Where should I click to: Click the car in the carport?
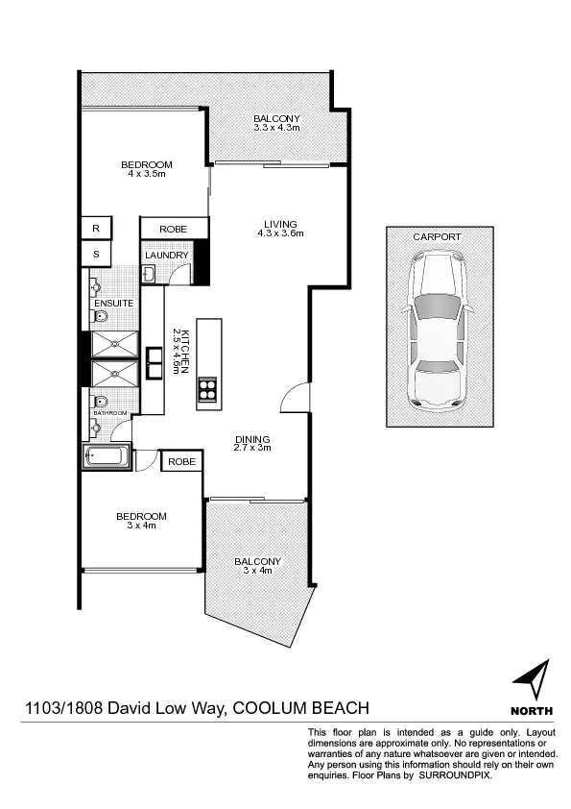[437, 329]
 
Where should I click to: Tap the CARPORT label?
[437, 236]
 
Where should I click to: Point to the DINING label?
[254, 439]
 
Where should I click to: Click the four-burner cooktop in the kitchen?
[208, 389]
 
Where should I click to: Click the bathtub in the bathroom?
[107, 456]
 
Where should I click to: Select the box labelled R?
[96, 229]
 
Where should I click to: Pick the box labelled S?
[96, 254]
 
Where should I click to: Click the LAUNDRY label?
[167, 255]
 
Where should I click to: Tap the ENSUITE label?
[113, 304]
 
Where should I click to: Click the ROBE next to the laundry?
[174, 229]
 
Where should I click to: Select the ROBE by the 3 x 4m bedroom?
[181, 462]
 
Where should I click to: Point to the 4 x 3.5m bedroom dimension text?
[147, 174]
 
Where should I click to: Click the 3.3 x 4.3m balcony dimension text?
[276, 127]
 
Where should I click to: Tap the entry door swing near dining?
[297, 396]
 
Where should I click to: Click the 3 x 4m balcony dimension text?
[257, 571]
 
